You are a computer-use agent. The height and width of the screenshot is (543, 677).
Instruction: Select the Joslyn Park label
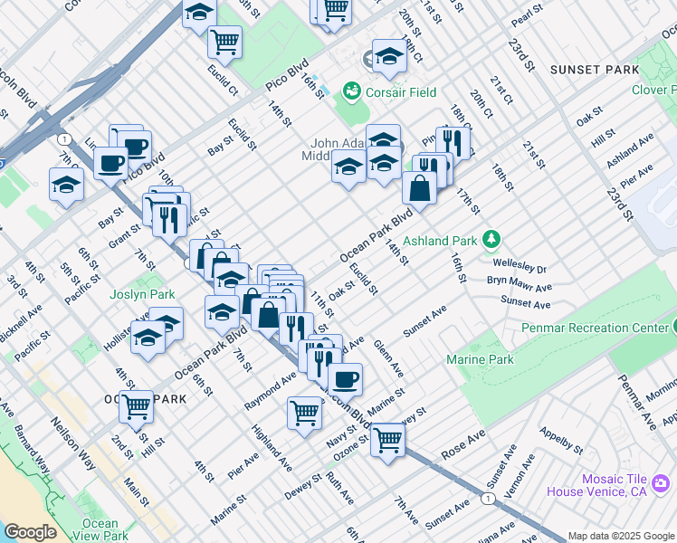(142, 295)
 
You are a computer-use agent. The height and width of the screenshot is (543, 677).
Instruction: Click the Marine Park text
(480, 360)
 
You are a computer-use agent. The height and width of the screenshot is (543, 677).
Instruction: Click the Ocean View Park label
(100, 529)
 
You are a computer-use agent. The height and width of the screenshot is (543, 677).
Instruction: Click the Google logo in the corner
(30, 532)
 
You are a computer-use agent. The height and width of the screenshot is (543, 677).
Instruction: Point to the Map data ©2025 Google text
(621, 536)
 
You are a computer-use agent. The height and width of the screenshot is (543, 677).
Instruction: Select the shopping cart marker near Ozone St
(387, 441)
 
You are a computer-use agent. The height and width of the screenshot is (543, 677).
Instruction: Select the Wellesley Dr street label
(520, 264)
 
